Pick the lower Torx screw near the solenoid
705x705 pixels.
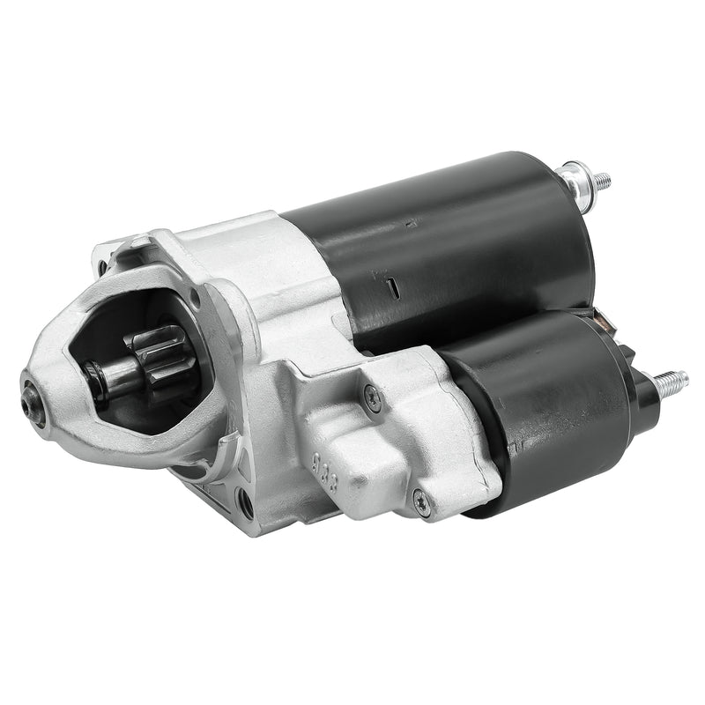420,503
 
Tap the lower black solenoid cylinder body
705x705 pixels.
538,414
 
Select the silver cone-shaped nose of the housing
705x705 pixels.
62,379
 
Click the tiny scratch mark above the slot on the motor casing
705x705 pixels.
409,226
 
